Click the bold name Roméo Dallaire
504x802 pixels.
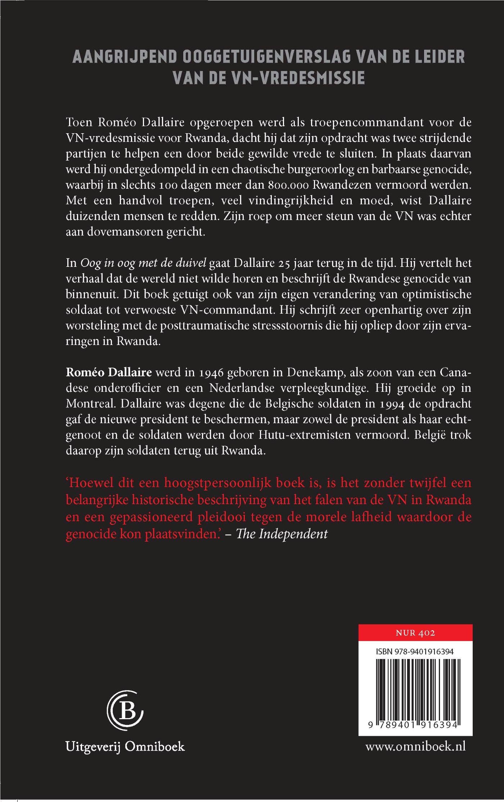109,372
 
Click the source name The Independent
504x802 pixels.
282,533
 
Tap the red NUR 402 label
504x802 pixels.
415,633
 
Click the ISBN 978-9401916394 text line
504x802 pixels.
414,651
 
